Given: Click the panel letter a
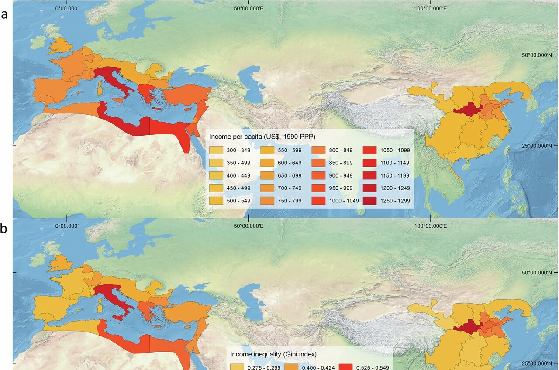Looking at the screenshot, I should click(x=4, y=14).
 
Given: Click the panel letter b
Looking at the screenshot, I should click(x=4, y=229).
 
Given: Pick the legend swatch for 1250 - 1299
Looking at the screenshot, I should click(x=369, y=200).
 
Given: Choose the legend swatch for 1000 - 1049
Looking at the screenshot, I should click(x=319, y=200).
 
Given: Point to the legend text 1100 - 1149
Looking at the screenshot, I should click(x=392, y=163).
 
